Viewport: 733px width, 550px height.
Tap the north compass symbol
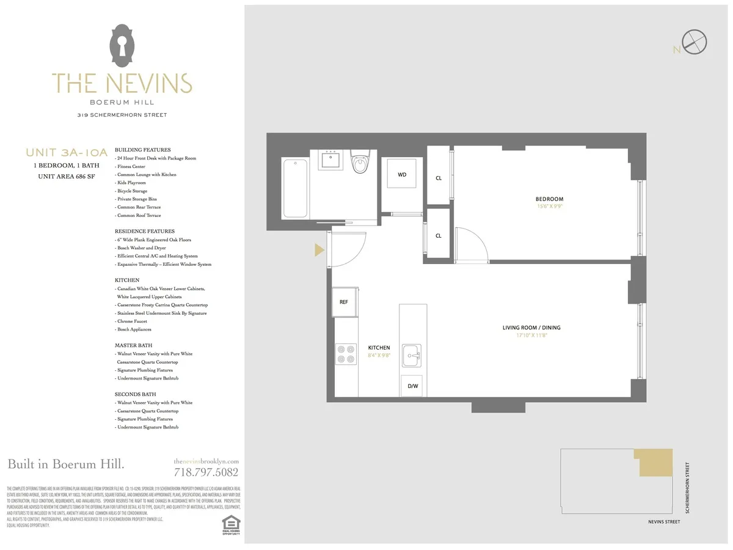pyautogui.click(x=695, y=43)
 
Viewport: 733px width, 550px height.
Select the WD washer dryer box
pyautogui.click(x=402, y=175)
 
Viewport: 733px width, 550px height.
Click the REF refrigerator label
pyautogui.click(x=344, y=302)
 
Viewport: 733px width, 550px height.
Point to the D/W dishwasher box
pyautogui.click(x=412, y=386)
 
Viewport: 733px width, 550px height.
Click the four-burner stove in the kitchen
pyautogui.click(x=346, y=354)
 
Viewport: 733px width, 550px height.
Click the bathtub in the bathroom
pyautogui.click(x=296, y=188)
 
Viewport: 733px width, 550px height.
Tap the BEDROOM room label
pyautogui.click(x=549, y=199)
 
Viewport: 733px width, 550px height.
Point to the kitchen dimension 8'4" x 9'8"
pyautogui.click(x=379, y=354)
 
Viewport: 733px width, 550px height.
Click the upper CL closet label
pyautogui.click(x=438, y=178)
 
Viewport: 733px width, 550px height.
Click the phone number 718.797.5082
pyautogui.click(x=206, y=472)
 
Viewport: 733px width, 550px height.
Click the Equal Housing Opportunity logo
pyautogui.click(x=231, y=524)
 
